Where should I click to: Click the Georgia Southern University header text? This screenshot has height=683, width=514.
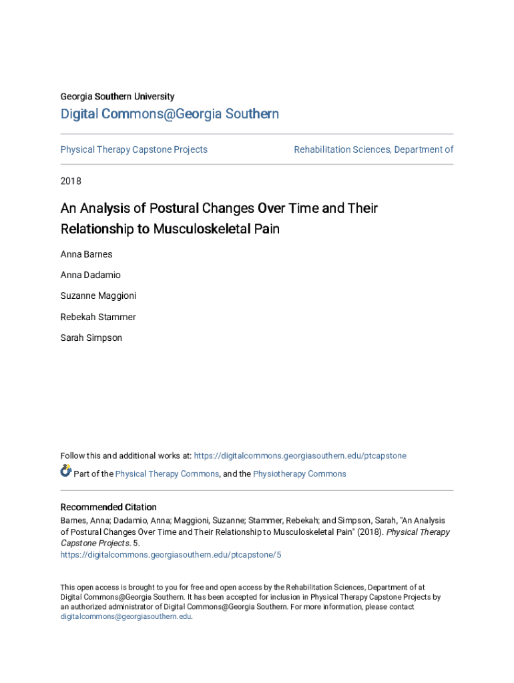coord(117,97)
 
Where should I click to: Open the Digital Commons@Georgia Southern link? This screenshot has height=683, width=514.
coord(170,115)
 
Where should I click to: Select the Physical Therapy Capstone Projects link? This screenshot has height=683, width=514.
coord(134,149)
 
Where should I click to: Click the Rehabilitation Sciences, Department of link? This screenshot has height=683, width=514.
coord(373,149)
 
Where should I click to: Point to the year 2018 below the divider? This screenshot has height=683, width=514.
coord(71,181)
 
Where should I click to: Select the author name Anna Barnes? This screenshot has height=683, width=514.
coord(86,254)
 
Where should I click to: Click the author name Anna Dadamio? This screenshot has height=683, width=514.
coord(90,275)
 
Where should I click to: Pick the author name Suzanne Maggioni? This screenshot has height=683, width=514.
coord(98,295)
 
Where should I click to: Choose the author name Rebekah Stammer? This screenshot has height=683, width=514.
coord(97,317)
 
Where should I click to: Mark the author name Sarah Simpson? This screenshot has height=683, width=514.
coord(91,337)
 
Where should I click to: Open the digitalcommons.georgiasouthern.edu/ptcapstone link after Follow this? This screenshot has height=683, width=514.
coord(300,456)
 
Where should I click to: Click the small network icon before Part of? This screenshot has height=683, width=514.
coord(66,472)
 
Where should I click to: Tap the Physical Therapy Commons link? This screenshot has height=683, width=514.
coord(167,474)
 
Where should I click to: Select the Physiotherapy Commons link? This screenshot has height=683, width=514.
coord(300,474)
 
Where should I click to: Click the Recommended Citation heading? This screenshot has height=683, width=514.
coord(108,508)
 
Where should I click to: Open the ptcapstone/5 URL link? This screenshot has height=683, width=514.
coord(171,555)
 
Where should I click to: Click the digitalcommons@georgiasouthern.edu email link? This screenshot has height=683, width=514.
coord(125,617)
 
